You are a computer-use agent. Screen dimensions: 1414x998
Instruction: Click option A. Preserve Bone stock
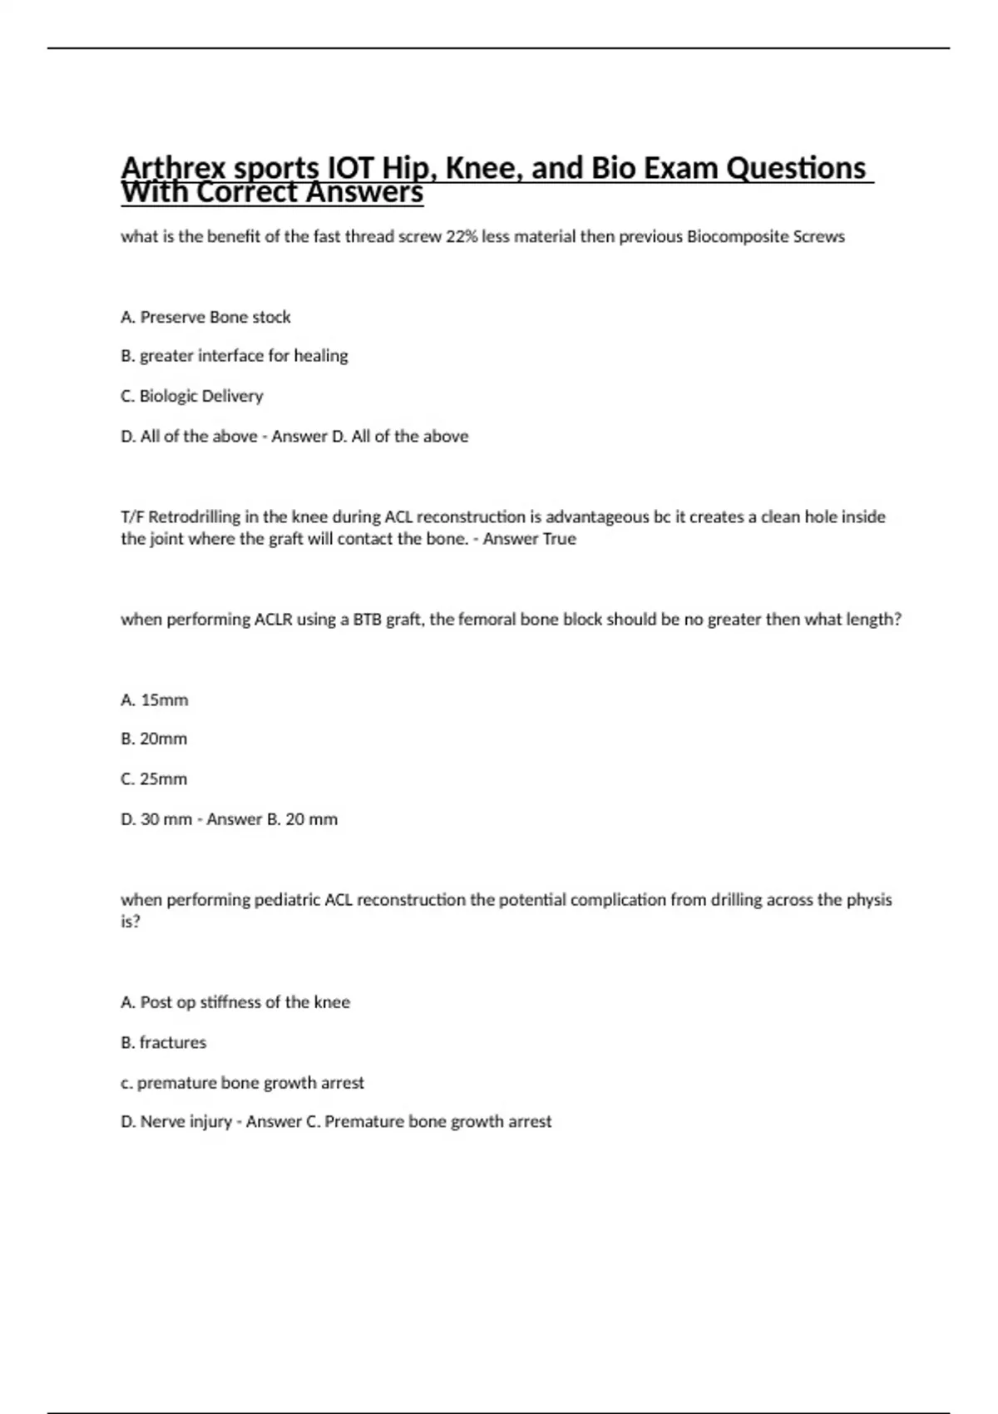tap(205, 317)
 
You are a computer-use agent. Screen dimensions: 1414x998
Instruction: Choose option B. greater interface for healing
tap(234, 356)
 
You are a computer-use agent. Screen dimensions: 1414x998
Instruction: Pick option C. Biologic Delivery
tap(191, 396)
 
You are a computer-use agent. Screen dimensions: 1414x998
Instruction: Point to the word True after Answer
tap(559, 539)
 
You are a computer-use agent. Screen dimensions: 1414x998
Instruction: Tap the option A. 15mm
tap(154, 700)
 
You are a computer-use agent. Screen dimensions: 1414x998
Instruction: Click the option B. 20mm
tap(154, 739)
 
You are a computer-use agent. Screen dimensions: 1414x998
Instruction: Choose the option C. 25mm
tap(154, 779)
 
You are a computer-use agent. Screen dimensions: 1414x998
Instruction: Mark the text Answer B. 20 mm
tap(272, 819)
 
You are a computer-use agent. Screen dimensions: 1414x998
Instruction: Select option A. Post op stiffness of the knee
tap(235, 1002)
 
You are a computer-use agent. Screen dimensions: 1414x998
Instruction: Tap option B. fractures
tap(163, 1042)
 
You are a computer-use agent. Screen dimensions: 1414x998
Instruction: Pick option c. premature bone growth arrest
tap(242, 1083)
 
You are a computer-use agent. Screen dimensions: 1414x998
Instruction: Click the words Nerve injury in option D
tap(185, 1122)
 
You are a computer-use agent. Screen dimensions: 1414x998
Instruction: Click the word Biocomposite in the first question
tap(737, 236)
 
